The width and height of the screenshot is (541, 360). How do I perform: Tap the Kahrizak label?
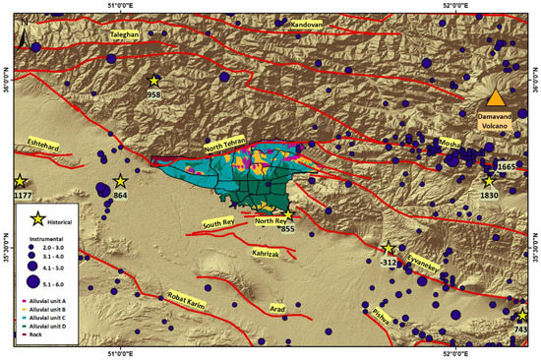coord(270,253)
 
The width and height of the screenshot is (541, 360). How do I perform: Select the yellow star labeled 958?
coord(153,81)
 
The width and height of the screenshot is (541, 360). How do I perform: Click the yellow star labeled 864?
coord(120,181)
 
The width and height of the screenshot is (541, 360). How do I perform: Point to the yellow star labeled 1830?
coord(489,181)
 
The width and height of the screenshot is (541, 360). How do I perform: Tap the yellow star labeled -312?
coord(389,248)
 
